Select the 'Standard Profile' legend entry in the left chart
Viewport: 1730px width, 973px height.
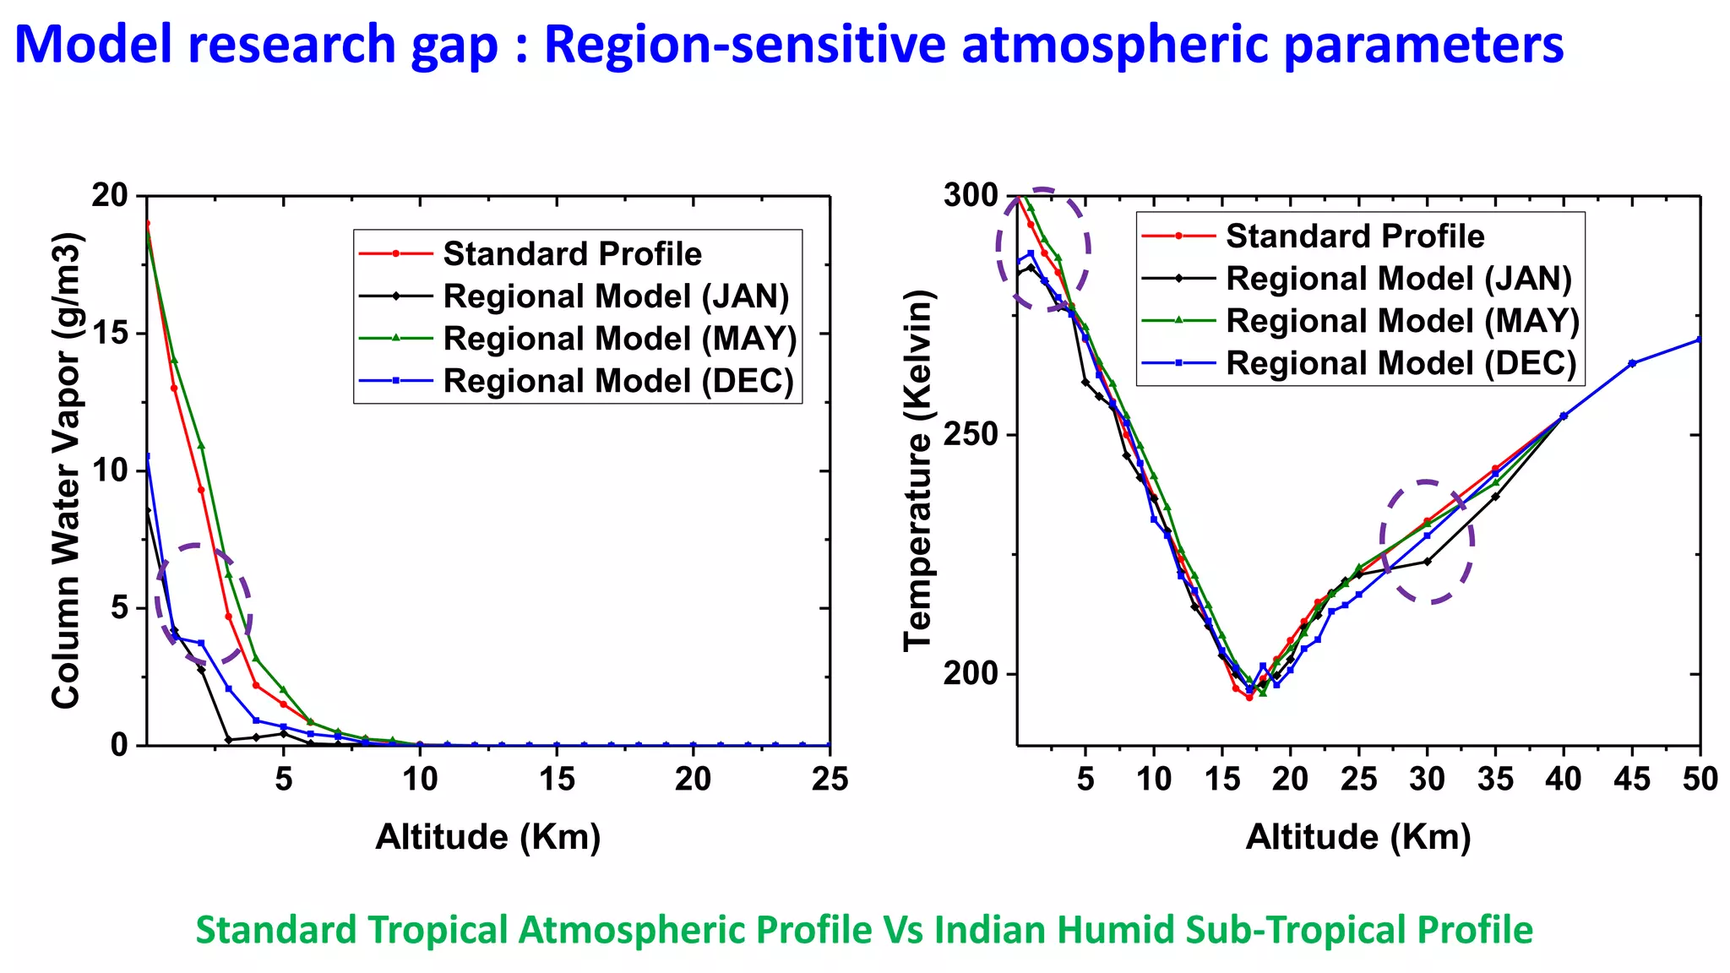coord(572,253)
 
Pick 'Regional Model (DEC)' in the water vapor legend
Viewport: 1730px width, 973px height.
coord(618,381)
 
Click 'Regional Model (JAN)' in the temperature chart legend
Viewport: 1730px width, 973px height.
coord(1399,279)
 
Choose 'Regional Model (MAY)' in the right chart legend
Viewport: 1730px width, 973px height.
coord(1402,321)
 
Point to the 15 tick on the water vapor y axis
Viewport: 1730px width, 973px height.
coord(110,334)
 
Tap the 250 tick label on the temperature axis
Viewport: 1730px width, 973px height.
coord(971,435)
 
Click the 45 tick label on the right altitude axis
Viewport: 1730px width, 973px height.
coord(1632,779)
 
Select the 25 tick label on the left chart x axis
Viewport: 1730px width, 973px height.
coord(830,779)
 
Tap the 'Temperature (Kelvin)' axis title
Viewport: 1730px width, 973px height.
coord(918,470)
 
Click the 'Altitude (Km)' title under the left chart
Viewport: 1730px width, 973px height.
coord(488,837)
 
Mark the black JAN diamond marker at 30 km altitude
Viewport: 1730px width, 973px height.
coord(1428,561)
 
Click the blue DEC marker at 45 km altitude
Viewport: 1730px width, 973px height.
coord(1632,363)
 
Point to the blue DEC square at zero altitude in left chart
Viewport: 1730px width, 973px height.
coord(148,456)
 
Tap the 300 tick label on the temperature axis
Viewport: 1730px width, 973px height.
coord(971,195)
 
